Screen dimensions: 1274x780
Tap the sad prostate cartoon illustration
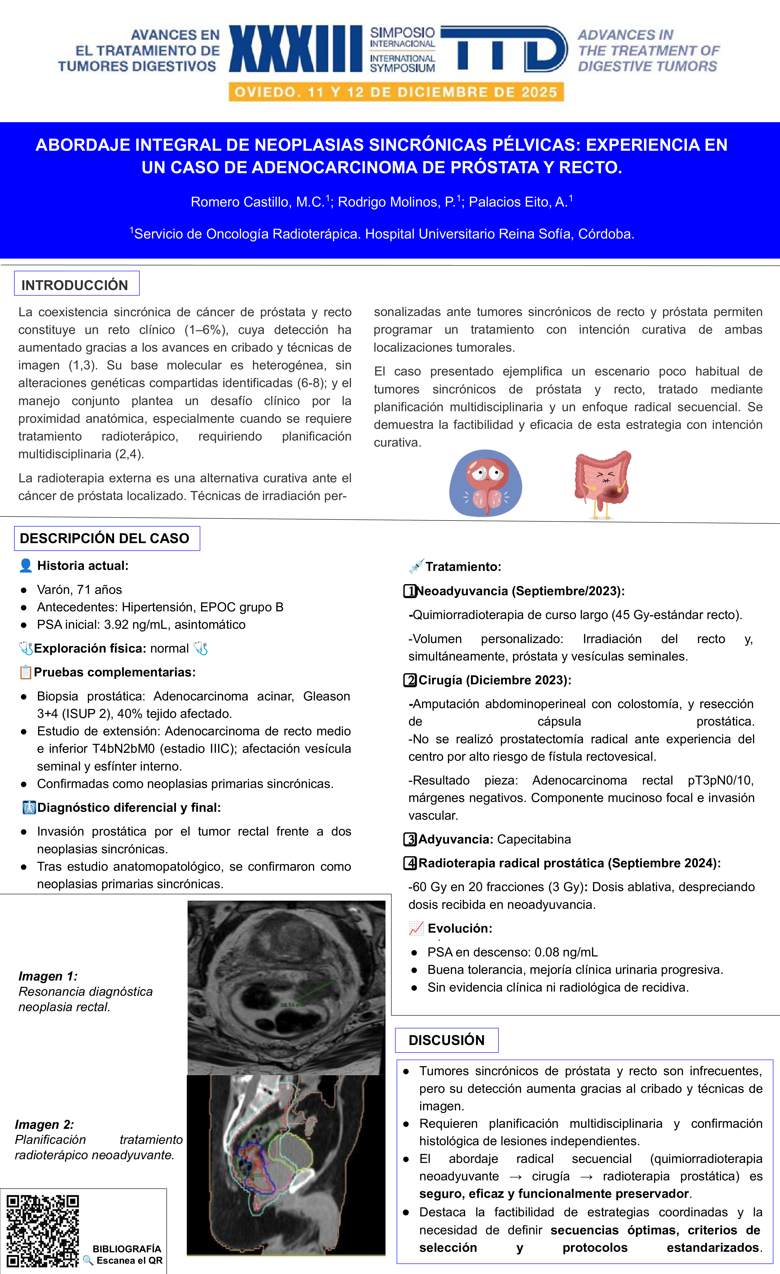(485, 483)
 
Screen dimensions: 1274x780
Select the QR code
(42, 1231)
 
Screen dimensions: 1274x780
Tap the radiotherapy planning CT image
(286, 1163)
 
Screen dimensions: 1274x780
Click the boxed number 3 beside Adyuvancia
(410, 839)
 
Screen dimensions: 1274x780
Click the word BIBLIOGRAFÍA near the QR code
(127, 1249)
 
